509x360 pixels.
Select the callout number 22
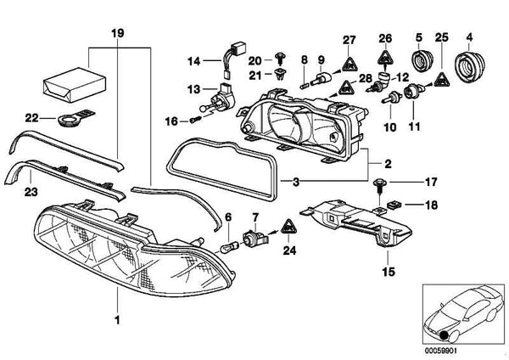[31, 117]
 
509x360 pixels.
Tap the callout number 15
[389, 272]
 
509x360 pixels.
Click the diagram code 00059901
[442, 347]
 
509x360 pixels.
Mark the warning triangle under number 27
[349, 61]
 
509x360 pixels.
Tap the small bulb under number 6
[227, 248]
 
